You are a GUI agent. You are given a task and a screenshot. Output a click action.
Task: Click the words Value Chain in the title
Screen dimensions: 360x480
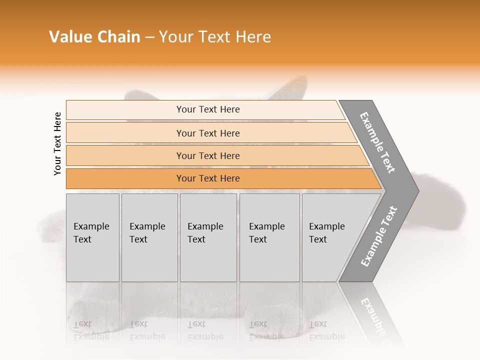(94, 37)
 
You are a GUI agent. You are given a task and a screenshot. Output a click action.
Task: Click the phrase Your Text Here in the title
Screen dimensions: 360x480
(215, 37)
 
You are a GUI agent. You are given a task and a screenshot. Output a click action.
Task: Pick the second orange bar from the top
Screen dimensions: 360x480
(208, 133)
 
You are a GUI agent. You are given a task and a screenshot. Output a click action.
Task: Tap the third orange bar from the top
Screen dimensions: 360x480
(208, 155)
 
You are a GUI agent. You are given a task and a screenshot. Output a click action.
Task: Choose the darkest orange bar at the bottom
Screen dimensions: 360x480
(208, 178)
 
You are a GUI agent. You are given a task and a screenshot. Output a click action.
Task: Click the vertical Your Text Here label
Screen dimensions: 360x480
(57, 143)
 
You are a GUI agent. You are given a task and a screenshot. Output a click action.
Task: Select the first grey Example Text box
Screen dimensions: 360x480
(92, 237)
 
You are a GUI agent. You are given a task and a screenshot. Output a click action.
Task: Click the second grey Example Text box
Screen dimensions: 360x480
(149, 237)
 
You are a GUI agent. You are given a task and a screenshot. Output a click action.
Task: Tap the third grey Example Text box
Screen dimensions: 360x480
(208, 237)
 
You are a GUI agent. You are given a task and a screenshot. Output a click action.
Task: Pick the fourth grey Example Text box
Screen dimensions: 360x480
(269, 237)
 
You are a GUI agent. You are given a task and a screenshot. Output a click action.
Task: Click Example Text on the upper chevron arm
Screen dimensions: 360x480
(378, 142)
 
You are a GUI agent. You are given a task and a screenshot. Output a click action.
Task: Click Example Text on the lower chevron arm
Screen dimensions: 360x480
(379, 236)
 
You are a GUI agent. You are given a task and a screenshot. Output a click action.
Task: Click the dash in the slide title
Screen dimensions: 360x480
(149, 37)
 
